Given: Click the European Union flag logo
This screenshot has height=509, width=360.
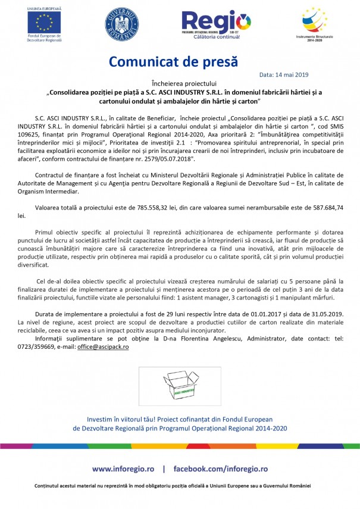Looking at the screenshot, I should click(42, 22).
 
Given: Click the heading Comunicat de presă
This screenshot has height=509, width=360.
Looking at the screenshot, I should click(173, 61).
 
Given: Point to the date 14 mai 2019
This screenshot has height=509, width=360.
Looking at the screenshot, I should click(284, 75).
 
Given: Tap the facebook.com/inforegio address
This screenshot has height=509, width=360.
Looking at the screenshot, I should click(220, 469).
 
